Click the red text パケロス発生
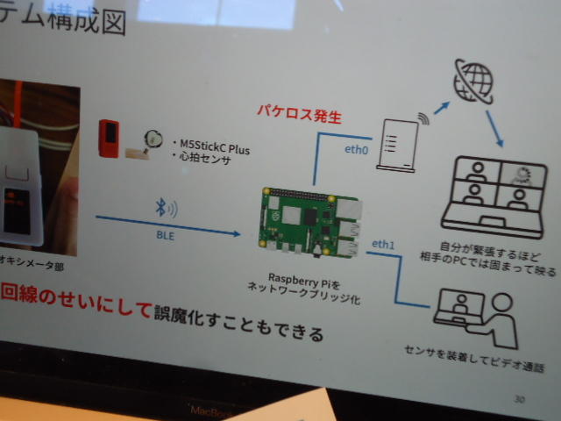tap(298, 115)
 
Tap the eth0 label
tap(356, 149)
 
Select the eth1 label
tap(384, 242)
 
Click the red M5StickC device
tap(110, 137)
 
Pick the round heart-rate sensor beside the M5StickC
tap(154, 138)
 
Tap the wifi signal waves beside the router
tap(424, 117)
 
